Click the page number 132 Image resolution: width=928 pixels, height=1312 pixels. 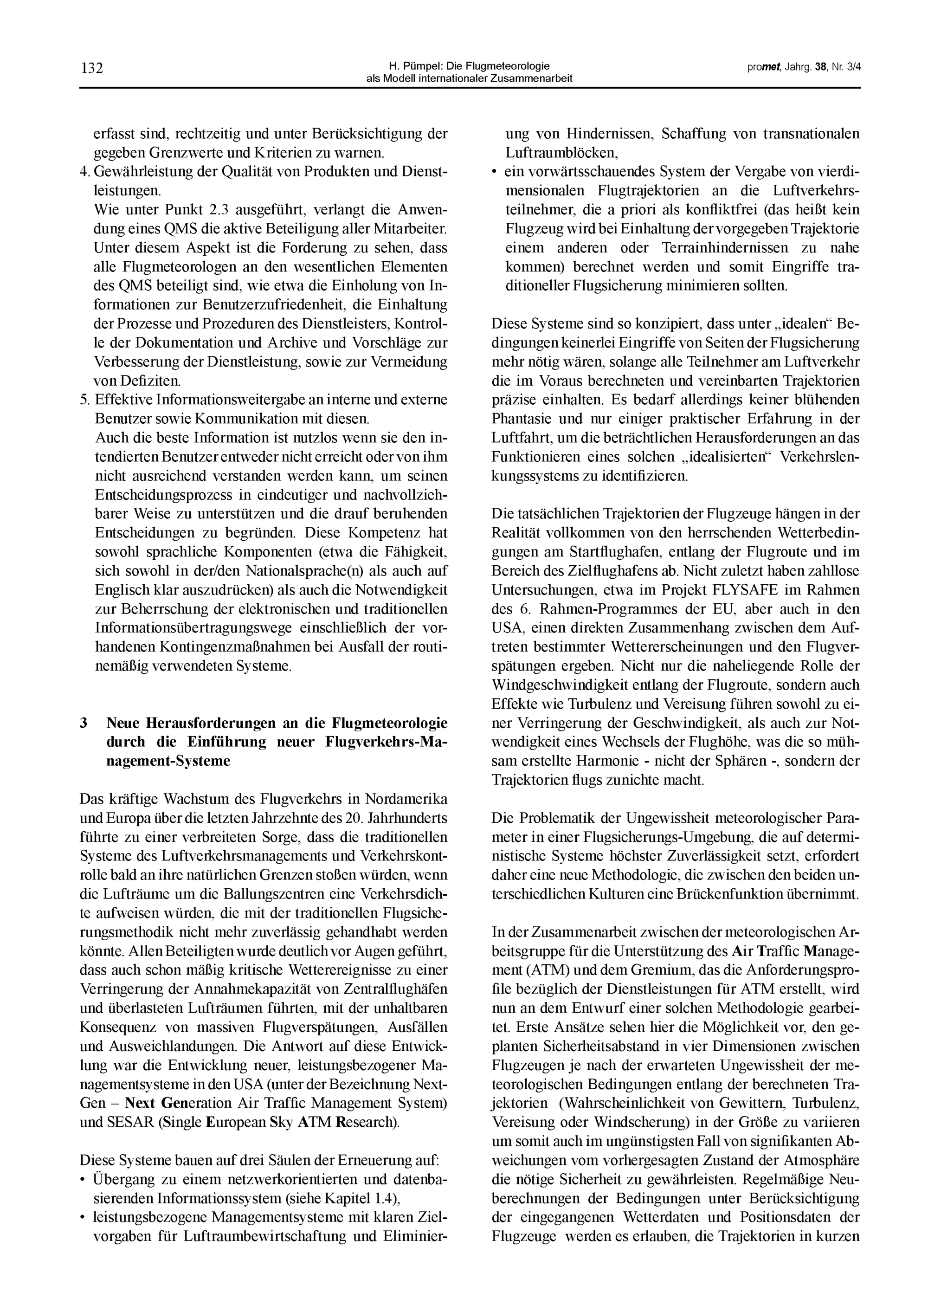click(91, 69)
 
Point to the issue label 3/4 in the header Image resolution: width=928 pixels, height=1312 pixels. click(854, 67)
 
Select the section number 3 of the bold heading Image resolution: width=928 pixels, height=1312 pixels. click(84, 724)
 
